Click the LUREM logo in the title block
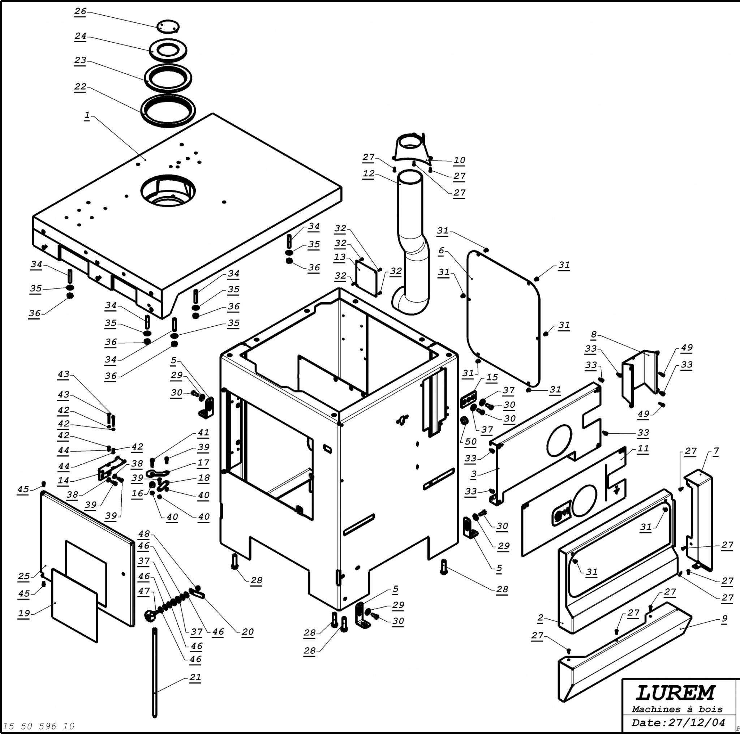pos(675,693)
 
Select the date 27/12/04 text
pos(697,723)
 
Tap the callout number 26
pos(80,11)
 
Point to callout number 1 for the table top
pos(87,115)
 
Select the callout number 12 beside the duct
pos(369,173)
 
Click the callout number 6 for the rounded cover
pos(441,250)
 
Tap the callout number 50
pos(470,441)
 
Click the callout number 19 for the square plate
pos(24,613)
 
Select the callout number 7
pos(716,451)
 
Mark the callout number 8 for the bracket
pos(594,334)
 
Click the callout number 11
pos(643,448)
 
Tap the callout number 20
pos(248,632)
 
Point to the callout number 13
pos(340,257)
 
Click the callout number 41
pos(203,433)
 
